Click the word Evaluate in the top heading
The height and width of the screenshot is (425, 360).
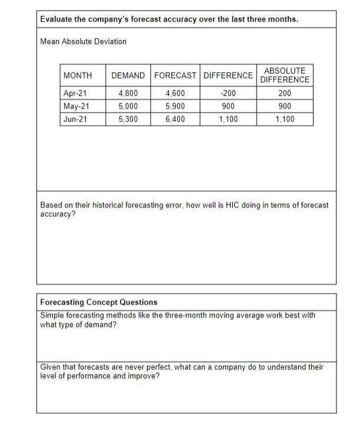pyautogui.click(x=58, y=19)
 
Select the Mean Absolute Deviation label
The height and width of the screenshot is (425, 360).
pyautogui.click(x=83, y=41)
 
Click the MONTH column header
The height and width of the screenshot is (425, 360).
pyautogui.click(x=78, y=75)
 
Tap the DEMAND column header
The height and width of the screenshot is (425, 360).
pyautogui.click(x=128, y=75)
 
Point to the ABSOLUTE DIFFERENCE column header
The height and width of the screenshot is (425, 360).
pyautogui.click(x=285, y=75)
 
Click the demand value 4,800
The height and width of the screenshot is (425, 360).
pyautogui.click(x=128, y=93)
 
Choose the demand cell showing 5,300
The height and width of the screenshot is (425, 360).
pyautogui.click(x=128, y=119)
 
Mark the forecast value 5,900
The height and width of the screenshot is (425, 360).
pyautogui.click(x=176, y=106)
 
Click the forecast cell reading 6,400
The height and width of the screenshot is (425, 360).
pyautogui.click(x=176, y=119)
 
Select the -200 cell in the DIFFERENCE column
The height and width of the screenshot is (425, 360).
pyautogui.click(x=228, y=93)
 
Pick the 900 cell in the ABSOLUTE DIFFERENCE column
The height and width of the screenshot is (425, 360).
pyautogui.click(x=285, y=106)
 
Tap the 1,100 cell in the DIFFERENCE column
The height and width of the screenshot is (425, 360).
pyautogui.click(x=228, y=119)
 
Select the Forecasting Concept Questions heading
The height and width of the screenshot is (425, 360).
pyautogui.click(x=99, y=302)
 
